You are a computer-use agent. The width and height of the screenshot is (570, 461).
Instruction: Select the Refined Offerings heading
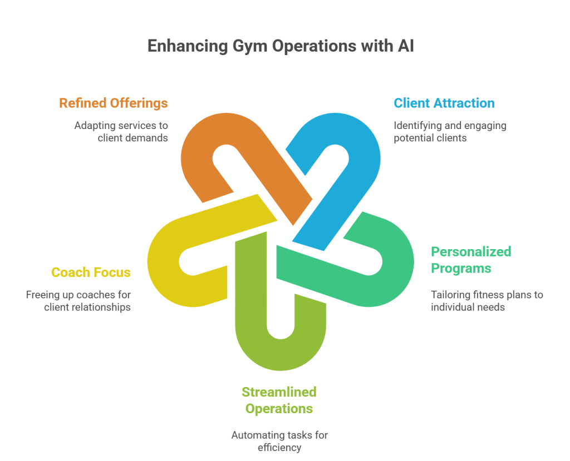tap(113, 103)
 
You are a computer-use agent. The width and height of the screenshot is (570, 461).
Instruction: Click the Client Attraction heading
tap(444, 103)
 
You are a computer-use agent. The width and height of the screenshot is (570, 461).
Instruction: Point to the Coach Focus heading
tap(91, 272)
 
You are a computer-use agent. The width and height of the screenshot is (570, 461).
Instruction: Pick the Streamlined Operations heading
tap(279, 400)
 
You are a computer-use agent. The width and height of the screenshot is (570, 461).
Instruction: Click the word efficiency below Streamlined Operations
tap(279, 447)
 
